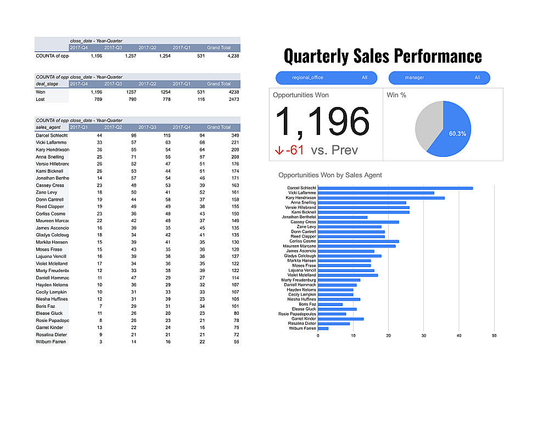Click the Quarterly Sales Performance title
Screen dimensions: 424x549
click(383, 56)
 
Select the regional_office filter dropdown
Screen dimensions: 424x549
click(326, 78)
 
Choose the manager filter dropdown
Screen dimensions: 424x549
click(439, 78)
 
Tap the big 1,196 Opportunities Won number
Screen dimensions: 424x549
click(322, 121)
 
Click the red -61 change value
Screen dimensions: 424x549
click(295, 150)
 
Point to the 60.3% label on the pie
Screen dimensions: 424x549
click(457, 133)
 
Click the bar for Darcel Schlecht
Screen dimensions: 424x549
click(395, 188)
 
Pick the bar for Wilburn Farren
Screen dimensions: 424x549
click(323, 329)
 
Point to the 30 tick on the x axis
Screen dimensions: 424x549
click(424, 336)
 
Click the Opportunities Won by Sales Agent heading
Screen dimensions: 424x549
click(330, 175)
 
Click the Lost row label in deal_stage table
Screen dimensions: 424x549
click(41, 99)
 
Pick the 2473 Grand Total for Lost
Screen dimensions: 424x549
click(233, 99)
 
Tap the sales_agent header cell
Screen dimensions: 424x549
click(47, 127)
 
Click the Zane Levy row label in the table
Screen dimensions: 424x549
click(46, 193)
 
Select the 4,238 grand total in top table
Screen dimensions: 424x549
click(233, 55)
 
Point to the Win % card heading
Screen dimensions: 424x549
click(396, 95)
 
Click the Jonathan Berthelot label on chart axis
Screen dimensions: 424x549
click(301, 217)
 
